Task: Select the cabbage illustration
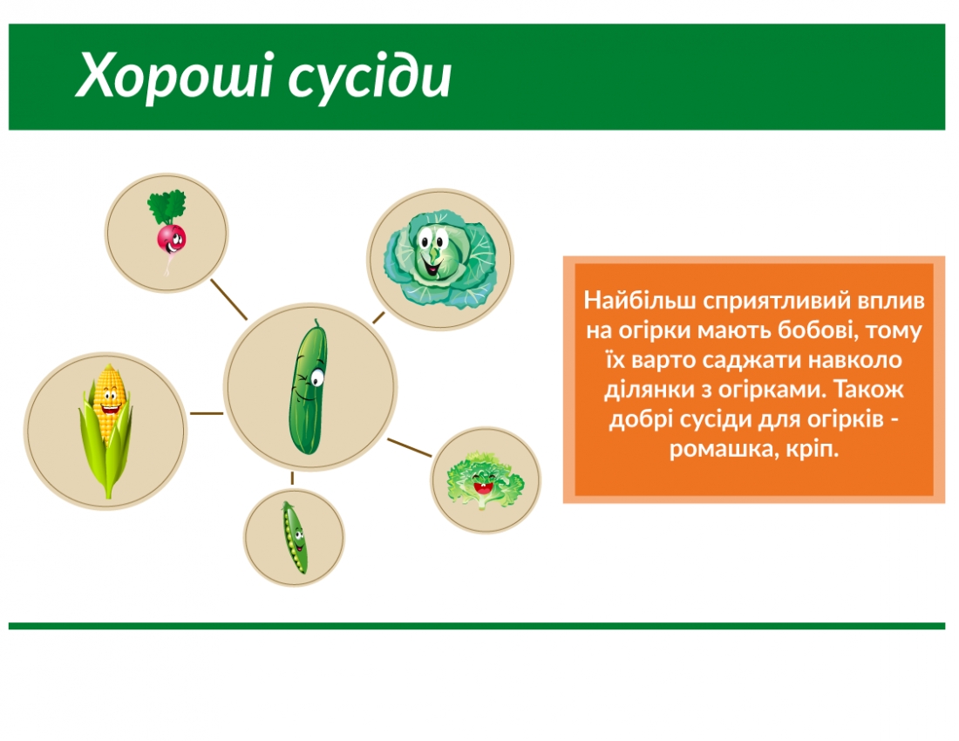439,260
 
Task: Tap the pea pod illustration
294,537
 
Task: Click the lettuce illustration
486,479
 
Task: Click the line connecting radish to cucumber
229,300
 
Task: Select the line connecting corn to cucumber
207,413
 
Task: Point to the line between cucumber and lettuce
409,447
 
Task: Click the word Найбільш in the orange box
629,302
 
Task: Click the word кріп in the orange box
811,450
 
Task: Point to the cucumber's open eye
315,377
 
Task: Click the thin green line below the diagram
477,626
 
